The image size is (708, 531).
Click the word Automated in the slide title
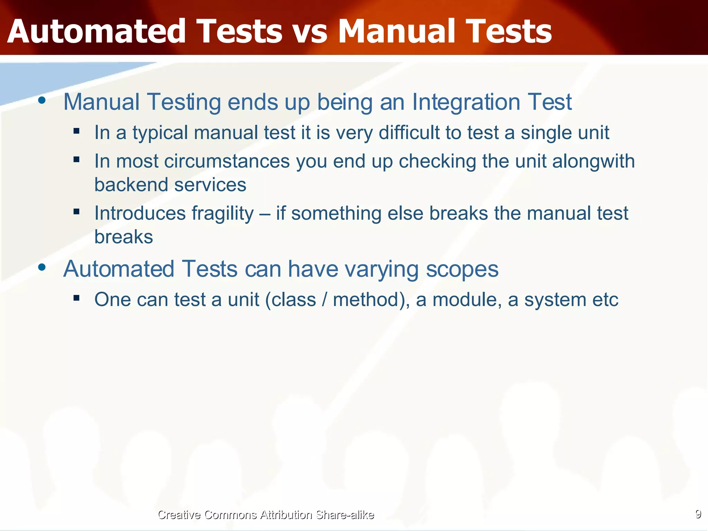tap(97, 32)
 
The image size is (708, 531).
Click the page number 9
tap(698, 514)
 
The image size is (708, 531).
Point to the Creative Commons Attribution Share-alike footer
tap(265, 515)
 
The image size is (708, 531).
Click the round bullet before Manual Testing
tap(42, 101)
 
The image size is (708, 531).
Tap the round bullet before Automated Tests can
tap(42, 267)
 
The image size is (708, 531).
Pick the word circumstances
tap(227, 161)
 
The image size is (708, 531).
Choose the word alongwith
tap(593, 161)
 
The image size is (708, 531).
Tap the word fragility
tap(223, 214)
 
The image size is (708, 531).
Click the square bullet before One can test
tap(76, 298)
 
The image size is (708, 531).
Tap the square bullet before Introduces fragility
tap(76, 211)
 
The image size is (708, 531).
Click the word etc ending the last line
tap(605, 299)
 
